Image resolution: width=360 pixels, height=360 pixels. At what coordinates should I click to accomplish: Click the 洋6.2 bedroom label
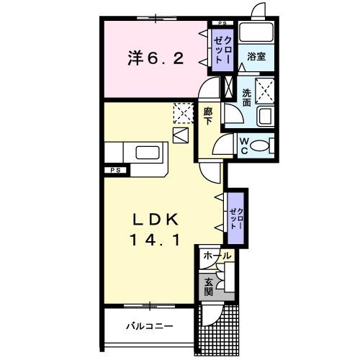click(x=155, y=58)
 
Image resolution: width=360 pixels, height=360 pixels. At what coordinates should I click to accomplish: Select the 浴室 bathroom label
click(x=257, y=55)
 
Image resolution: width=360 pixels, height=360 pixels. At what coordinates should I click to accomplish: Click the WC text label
click(x=244, y=146)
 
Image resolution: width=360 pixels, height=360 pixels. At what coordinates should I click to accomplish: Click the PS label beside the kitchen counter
click(x=114, y=170)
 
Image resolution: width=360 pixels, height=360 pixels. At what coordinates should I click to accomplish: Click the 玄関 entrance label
click(x=209, y=287)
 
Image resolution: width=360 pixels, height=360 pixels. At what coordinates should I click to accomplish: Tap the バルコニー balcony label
click(x=149, y=326)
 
